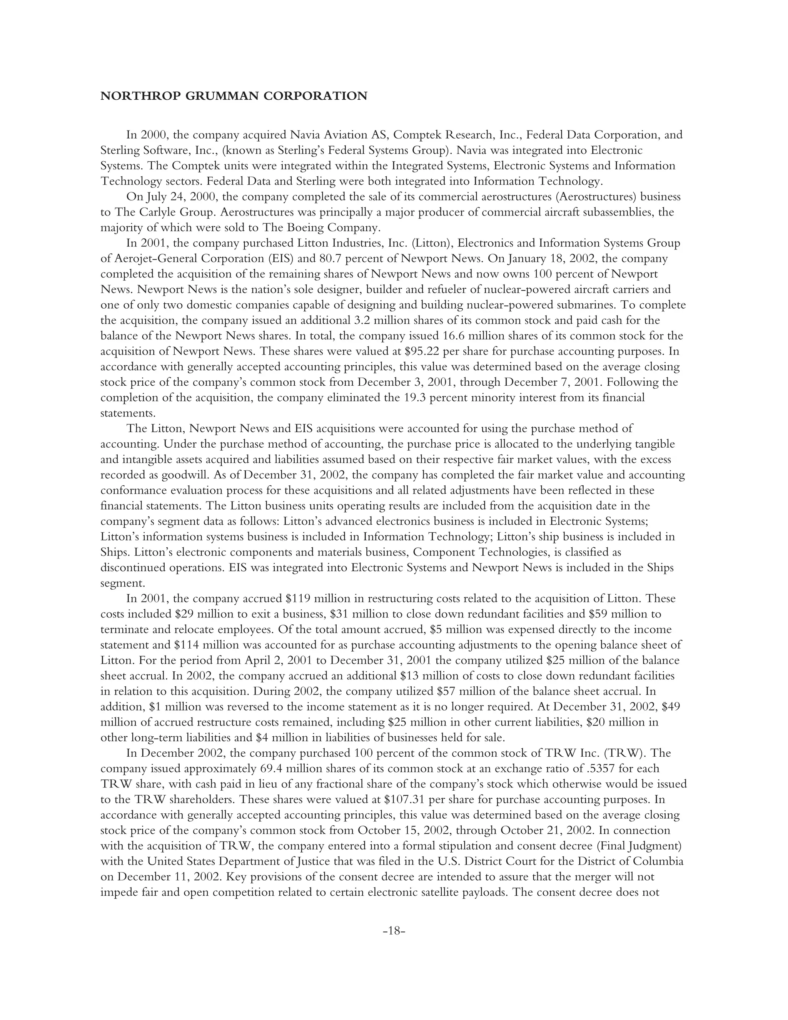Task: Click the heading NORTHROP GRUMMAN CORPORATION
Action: click(x=234, y=96)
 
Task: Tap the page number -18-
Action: click(x=394, y=930)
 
